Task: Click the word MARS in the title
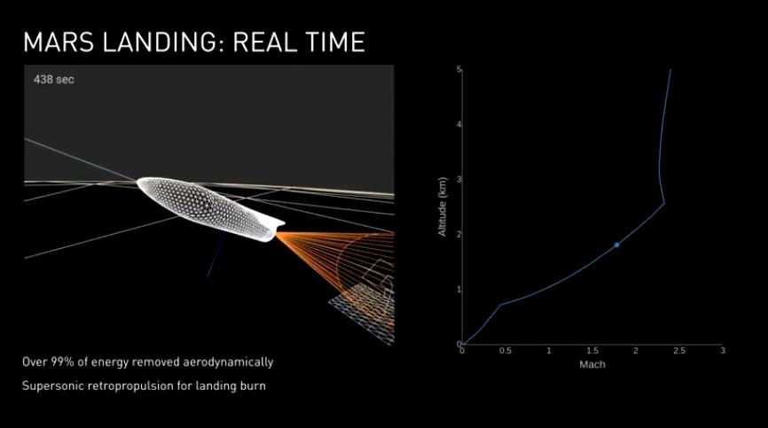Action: [x=59, y=42]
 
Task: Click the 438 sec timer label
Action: [x=54, y=79]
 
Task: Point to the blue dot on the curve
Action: [x=616, y=245]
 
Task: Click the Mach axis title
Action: [x=592, y=364]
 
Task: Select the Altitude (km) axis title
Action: [x=443, y=206]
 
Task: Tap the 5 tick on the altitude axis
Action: [x=459, y=69]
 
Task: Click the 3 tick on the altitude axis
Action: [x=459, y=180]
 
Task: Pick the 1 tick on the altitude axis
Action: [x=459, y=290]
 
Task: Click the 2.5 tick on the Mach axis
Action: [x=679, y=351]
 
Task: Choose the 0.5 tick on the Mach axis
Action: [x=505, y=351]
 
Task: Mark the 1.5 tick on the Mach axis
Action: [x=592, y=351]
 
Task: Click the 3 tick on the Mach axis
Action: [x=723, y=351]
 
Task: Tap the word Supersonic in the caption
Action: [x=53, y=386]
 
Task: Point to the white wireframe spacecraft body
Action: [x=210, y=209]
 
